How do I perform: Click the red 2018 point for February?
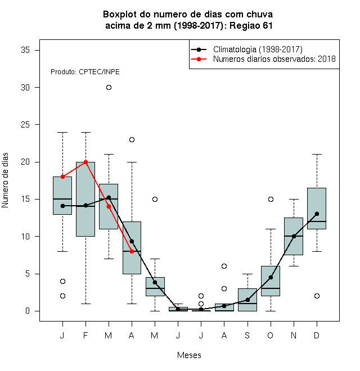point(85,162)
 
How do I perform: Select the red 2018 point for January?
point(63,177)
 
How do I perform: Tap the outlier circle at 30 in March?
point(109,88)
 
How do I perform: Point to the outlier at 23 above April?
point(132,139)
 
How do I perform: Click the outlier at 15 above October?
point(271,199)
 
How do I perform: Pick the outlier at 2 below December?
point(317,296)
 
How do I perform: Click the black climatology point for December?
point(317,214)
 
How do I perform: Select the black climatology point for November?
point(294,236)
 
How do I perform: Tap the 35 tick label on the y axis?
point(25,50)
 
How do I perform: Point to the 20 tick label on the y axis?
point(25,162)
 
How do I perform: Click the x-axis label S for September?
point(247,335)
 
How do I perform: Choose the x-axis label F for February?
point(85,335)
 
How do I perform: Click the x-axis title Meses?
point(189,355)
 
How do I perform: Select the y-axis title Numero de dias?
point(5,180)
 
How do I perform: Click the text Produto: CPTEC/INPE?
point(85,72)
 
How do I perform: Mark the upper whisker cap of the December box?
point(317,154)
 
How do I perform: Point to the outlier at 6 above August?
point(224,266)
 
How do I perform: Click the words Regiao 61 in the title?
point(251,25)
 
